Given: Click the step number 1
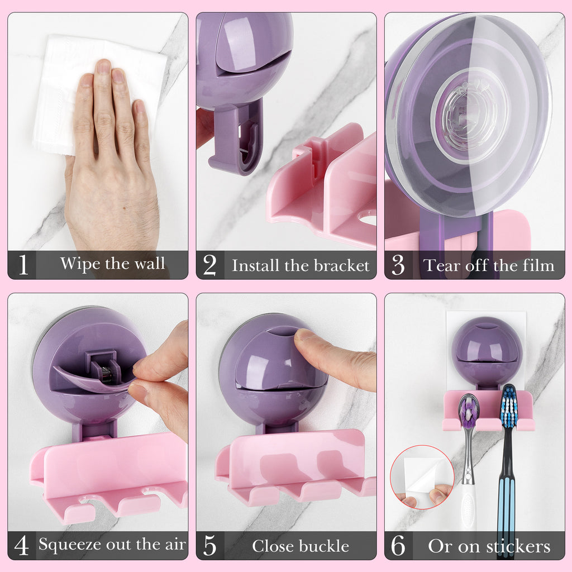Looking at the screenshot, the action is (23, 264).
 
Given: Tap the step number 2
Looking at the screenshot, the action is (210, 265).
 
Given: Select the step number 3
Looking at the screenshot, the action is (398, 265).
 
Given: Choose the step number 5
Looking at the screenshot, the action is (210, 546).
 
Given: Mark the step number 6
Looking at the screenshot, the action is (398, 546).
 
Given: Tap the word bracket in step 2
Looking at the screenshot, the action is (342, 265).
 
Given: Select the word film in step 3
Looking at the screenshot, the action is (538, 265).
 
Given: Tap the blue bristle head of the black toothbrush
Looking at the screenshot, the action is (509, 406).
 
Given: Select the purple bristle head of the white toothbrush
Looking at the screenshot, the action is (469, 411).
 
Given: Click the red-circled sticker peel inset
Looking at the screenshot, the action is (422, 477).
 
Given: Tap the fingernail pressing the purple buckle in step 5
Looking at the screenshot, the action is (304, 335).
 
